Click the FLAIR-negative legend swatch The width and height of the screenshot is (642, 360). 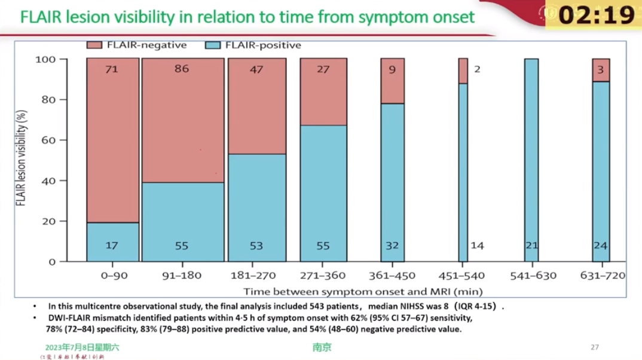click(94, 45)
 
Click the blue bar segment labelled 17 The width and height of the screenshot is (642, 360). click(112, 242)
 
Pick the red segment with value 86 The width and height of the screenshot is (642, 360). click(182, 120)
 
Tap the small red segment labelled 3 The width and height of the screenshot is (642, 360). click(601, 70)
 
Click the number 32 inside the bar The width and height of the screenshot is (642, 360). click(392, 246)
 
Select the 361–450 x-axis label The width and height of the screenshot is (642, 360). click(392, 276)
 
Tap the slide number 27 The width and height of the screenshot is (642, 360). click(594, 347)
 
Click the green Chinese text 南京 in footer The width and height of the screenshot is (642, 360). click(322, 347)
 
